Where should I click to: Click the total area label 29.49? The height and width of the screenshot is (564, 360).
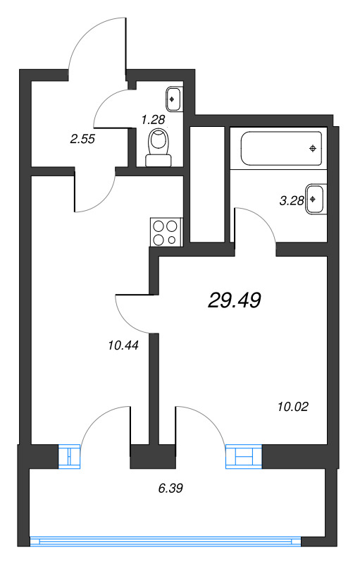coord(235,301)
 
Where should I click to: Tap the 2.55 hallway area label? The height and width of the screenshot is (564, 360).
coord(82,140)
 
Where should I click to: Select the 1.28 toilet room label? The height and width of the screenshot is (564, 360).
coord(153,119)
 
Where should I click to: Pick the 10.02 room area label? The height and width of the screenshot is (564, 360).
coord(294,406)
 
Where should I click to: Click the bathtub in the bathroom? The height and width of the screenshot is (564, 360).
coord(281,148)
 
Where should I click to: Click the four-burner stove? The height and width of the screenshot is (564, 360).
coord(166,233)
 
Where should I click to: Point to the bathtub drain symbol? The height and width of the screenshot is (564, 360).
coord(313,148)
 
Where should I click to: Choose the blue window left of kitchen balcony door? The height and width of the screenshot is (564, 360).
coord(70,456)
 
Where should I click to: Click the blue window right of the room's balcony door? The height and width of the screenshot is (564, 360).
coord(243,456)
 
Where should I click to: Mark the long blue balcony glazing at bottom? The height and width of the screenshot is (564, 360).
coord(166,542)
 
